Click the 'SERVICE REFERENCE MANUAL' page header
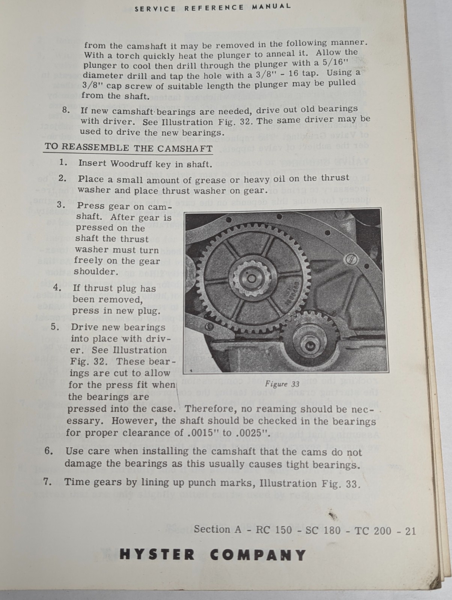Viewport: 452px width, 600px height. click(x=212, y=7)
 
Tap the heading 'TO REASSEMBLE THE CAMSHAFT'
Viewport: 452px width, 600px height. click(x=128, y=147)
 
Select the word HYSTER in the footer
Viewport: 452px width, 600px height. click(x=158, y=555)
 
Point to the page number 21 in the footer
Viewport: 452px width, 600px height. click(x=410, y=531)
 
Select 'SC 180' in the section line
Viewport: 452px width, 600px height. click(x=319, y=530)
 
